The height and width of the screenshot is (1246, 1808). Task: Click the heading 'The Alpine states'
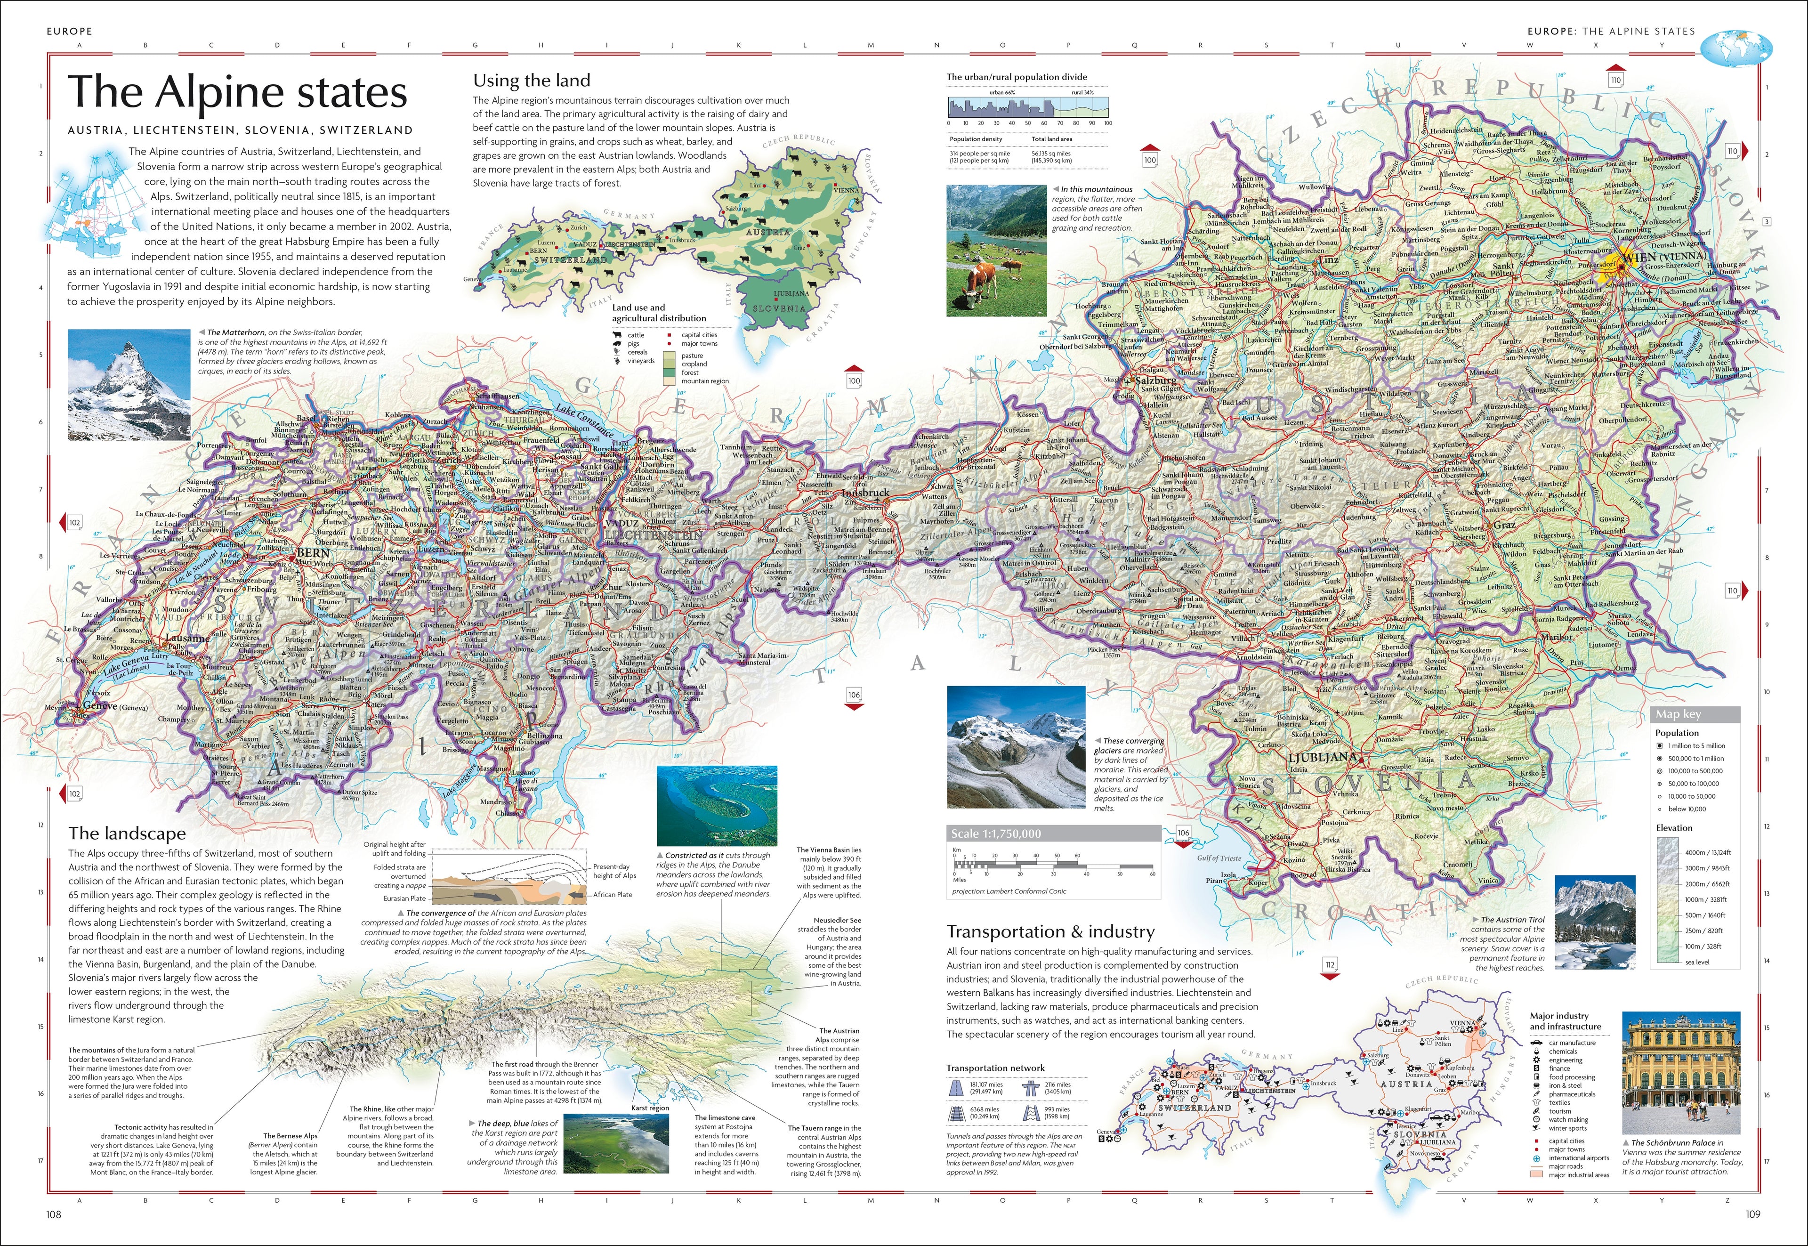[237, 92]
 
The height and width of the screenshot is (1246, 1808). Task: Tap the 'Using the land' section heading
[532, 81]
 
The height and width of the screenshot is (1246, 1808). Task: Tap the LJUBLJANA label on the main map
[1323, 757]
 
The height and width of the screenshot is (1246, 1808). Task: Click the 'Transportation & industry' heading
[1050, 931]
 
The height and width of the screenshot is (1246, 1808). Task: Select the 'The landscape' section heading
[127, 833]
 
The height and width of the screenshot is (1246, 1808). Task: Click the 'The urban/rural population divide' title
[1017, 76]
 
